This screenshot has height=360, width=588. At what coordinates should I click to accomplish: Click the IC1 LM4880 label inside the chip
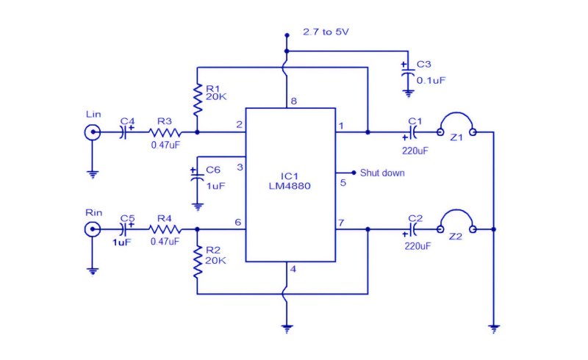tap(290, 181)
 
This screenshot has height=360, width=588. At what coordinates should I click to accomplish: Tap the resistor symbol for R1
tap(197, 99)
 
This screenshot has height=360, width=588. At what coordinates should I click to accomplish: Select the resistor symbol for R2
tap(197, 262)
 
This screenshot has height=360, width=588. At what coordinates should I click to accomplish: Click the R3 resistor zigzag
tap(165, 132)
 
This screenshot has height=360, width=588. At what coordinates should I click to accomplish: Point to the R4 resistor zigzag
tap(165, 229)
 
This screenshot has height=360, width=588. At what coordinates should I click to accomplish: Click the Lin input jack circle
tap(93, 132)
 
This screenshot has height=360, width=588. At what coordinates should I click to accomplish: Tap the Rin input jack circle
tap(93, 229)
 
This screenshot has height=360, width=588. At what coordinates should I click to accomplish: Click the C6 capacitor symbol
tap(197, 176)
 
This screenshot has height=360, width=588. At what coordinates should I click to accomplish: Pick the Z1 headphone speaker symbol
tap(456, 123)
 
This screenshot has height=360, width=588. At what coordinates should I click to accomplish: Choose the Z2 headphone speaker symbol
tap(456, 221)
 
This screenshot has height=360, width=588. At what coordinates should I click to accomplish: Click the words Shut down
tap(382, 173)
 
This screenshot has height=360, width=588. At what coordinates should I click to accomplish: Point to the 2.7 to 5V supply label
tap(326, 32)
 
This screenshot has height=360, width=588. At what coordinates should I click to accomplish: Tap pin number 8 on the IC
tap(293, 101)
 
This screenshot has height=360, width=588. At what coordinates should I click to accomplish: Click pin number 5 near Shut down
tap(343, 183)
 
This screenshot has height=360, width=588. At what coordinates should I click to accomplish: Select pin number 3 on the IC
tap(240, 168)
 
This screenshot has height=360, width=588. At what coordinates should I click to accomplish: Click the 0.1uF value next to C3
tap(431, 81)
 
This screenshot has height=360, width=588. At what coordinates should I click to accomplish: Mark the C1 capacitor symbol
tap(413, 132)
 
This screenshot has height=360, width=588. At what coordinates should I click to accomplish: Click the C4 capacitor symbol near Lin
tap(125, 132)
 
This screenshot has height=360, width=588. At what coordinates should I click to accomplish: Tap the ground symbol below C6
tap(197, 206)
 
